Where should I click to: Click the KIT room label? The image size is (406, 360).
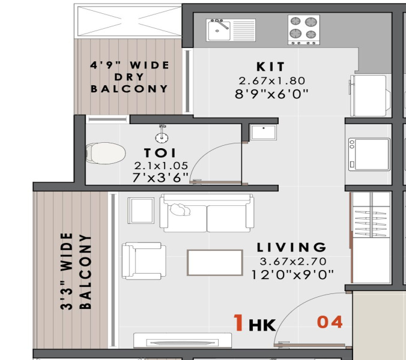[x=271, y=67]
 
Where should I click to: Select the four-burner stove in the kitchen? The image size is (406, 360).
[x=304, y=29]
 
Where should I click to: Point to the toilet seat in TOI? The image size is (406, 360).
[x=106, y=153]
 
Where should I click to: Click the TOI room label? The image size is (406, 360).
[x=160, y=153]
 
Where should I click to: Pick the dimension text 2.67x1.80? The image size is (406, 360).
[x=272, y=80]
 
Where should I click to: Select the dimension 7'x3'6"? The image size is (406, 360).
[x=160, y=178]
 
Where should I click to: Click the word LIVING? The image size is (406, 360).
[x=291, y=247]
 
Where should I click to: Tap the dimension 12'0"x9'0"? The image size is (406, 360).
[x=292, y=275]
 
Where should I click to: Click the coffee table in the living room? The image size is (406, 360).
[x=215, y=263]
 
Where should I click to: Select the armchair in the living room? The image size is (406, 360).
[x=144, y=261]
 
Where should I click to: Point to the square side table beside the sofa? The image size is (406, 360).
[x=141, y=211]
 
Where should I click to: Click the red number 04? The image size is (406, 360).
[x=330, y=322]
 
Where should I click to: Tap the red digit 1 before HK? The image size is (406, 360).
[x=238, y=322]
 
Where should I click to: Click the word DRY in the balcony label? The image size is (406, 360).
[x=129, y=77]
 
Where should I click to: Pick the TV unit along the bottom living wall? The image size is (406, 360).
[x=183, y=340]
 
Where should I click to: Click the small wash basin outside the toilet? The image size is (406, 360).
[x=263, y=132]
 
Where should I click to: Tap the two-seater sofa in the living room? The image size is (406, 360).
[x=207, y=213]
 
